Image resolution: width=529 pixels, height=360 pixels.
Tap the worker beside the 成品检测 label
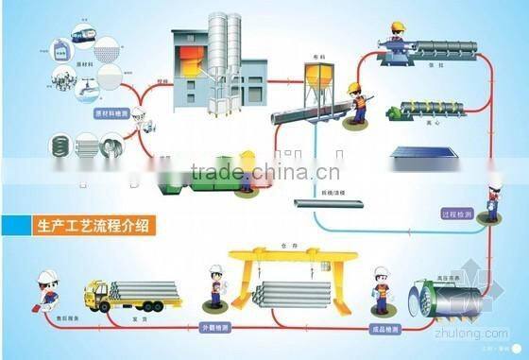(x=382, y=287)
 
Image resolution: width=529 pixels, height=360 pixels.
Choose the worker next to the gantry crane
(x=213, y=287)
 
